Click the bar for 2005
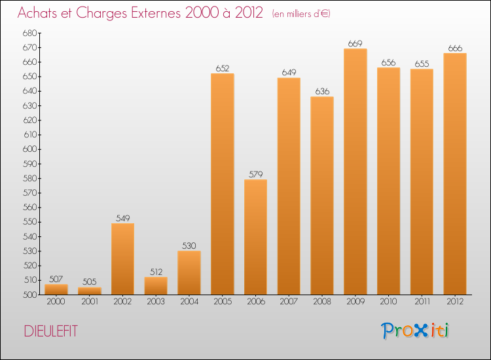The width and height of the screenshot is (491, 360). point(222,183)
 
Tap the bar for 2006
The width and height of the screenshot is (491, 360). point(255,236)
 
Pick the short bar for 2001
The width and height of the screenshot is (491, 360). point(89,291)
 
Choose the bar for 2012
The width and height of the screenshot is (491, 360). point(455,173)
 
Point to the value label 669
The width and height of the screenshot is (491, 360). point(355,44)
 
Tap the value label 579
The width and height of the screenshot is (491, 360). point(255,175)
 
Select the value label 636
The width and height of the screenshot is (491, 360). point(322,92)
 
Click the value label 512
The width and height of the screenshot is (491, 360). point(156,272)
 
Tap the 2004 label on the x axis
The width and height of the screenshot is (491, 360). point(189,302)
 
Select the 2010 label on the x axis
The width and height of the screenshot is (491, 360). point(389,302)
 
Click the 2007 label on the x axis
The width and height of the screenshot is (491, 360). point(289,302)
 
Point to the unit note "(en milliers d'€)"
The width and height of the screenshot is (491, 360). point(301,14)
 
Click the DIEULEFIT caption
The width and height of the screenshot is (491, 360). point(50,331)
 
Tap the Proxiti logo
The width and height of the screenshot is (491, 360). point(415,331)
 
